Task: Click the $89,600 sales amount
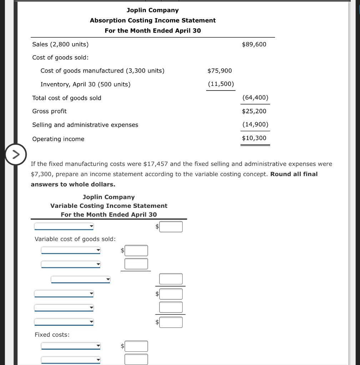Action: pyautogui.click(x=254, y=44)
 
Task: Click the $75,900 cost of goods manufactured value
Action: pyautogui.click(x=219, y=71)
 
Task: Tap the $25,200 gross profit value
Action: pyautogui.click(x=254, y=111)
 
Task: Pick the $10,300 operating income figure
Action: pyautogui.click(x=254, y=138)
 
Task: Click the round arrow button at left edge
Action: pyautogui.click(x=15, y=155)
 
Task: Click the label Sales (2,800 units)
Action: pyautogui.click(x=60, y=44)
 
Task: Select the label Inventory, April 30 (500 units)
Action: pyautogui.click(x=85, y=84)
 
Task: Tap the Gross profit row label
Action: pyautogui.click(x=49, y=111)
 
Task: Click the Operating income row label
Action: pyautogui.click(x=58, y=139)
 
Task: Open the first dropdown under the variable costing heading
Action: pyautogui.click(x=64, y=226)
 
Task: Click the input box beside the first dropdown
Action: pyautogui.click(x=171, y=227)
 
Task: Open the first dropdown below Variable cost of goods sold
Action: pyautogui.click(x=71, y=251)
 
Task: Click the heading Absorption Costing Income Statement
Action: pyautogui.click(x=153, y=20)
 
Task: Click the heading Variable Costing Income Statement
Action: pyautogui.click(x=109, y=206)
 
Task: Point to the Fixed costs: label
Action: pyautogui.click(x=52, y=335)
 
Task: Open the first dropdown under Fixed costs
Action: pyautogui.click(x=71, y=346)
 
